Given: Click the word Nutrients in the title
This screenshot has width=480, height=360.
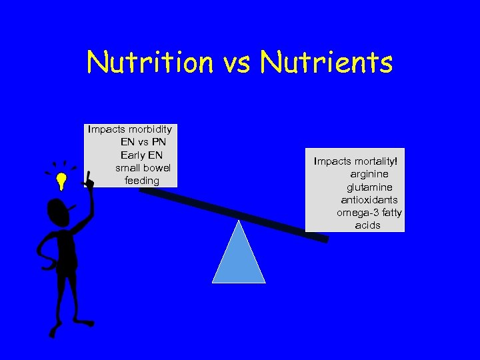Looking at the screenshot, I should (327, 63).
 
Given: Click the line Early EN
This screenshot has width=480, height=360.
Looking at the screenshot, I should (142, 155).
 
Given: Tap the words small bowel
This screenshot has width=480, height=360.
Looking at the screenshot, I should (143, 167).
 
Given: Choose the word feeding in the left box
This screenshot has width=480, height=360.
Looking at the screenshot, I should (142, 181).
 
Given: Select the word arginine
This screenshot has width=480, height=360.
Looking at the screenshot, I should (369, 174).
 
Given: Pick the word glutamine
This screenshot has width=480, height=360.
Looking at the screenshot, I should (369, 187).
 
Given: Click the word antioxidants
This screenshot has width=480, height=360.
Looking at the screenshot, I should (369, 200).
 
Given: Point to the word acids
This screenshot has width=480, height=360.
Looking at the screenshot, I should (368, 225).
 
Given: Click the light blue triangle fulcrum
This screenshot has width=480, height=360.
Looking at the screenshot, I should (239, 257).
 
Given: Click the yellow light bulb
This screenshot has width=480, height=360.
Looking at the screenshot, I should (61, 181).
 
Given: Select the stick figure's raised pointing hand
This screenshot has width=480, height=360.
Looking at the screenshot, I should (89, 180).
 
